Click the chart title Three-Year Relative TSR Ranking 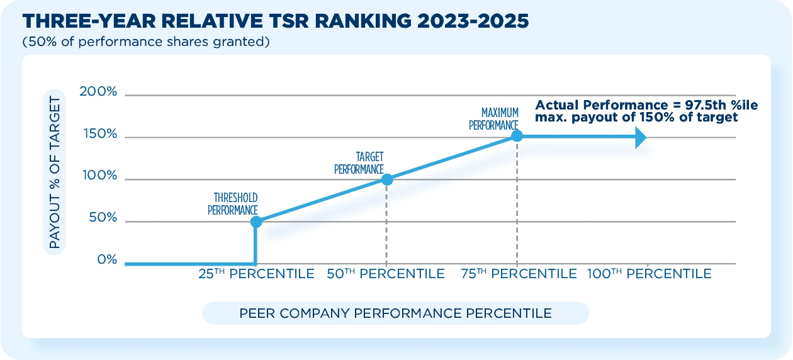(275, 21)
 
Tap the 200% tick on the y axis (99, 92)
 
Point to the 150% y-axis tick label (99, 134)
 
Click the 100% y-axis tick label (99, 176)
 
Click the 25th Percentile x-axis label (256, 274)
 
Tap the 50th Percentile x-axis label (386, 274)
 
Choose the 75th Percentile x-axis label (518, 274)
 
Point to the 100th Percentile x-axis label (649, 274)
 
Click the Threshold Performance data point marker (256, 222)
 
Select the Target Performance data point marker (387, 179)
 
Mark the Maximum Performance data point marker (517, 135)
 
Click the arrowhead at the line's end (641, 137)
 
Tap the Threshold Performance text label (233, 204)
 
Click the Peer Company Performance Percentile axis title (395, 313)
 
